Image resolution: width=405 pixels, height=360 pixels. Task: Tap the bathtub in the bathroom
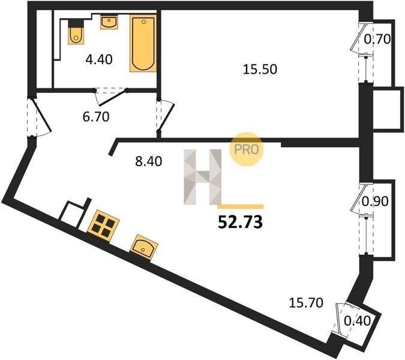pyautogui.click(x=143, y=43)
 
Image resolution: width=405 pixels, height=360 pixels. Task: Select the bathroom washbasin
pyautogui.click(x=109, y=22)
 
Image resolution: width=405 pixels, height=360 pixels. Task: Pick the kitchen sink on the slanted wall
pyautogui.click(x=143, y=247)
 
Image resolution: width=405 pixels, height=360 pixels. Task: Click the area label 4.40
pyautogui.click(x=99, y=59)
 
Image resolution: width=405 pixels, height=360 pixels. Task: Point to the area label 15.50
pyautogui.click(x=260, y=70)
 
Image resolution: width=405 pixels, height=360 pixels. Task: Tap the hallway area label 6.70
pyautogui.click(x=96, y=117)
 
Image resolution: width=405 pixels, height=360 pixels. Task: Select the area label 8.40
pyautogui.click(x=149, y=161)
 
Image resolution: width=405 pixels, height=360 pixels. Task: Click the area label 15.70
pyautogui.click(x=306, y=302)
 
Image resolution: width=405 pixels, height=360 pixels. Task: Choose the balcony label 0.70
pyautogui.click(x=377, y=40)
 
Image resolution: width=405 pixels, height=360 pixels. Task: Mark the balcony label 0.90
pyautogui.click(x=375, y=202)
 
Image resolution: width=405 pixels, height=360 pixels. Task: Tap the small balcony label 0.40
pyautogui.click(x=358, y=321)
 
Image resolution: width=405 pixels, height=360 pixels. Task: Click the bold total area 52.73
pyautogui.click(x=241, y=222)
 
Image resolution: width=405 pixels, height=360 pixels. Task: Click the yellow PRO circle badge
pyautogui.click(x=246, y=149)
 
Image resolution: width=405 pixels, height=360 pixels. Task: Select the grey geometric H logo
pyautogui.click(x=203, y=177)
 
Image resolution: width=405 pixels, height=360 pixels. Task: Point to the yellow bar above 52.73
pyautogui.click(x=241, y=206)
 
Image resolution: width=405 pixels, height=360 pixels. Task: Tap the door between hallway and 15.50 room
pyautogui.click(x=166, y=116)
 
